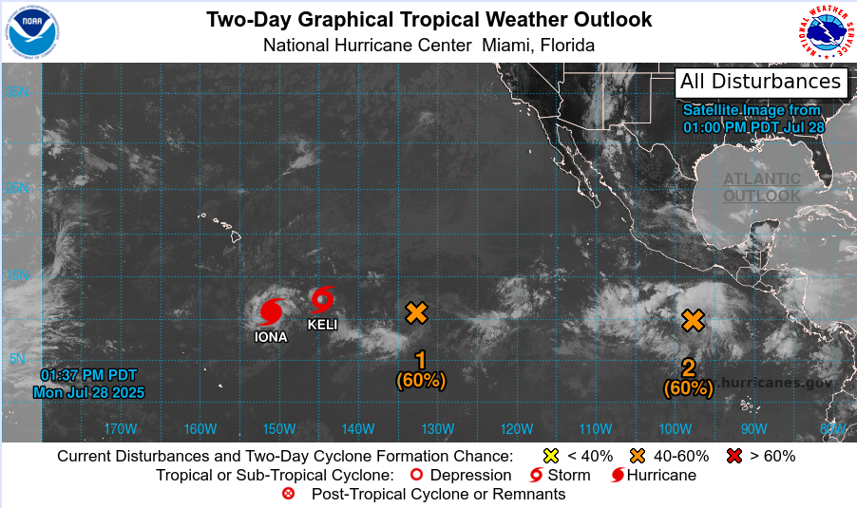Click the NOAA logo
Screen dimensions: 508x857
pos(35,32)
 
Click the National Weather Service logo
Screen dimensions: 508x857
pos(823,32)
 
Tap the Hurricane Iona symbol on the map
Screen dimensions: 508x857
pos(272,311)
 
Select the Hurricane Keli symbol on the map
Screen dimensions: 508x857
pos(323,299)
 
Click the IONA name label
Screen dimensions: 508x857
pos(271,336)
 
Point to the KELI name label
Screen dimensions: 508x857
pos(322,325)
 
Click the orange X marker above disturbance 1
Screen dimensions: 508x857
pos(416,312)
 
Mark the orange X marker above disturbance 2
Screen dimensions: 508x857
pos(694,320)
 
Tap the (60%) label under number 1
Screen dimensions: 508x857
pos(420,381)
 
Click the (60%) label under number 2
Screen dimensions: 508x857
pos(688,387)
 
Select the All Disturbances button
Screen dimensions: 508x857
pos(760,82)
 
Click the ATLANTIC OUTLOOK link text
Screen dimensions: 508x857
pos(762,187)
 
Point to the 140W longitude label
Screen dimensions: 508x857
pos(358,428)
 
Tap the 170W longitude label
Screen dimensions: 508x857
pos(121,428)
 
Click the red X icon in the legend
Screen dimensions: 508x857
pos(733,456)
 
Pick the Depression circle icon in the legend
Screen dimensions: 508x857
pos(415,475)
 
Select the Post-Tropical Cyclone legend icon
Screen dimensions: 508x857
pos(289,494)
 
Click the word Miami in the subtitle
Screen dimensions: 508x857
pos(505,45)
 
